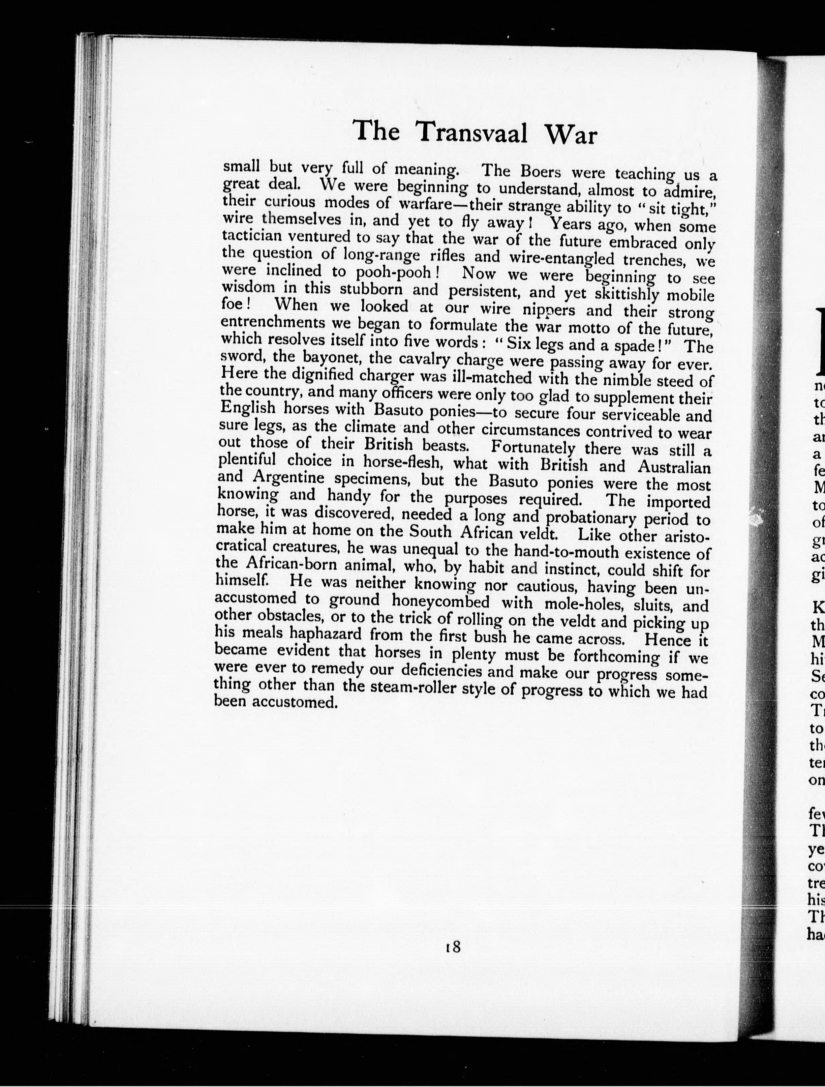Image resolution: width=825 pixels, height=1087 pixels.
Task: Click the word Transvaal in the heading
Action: tap(471, 133)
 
